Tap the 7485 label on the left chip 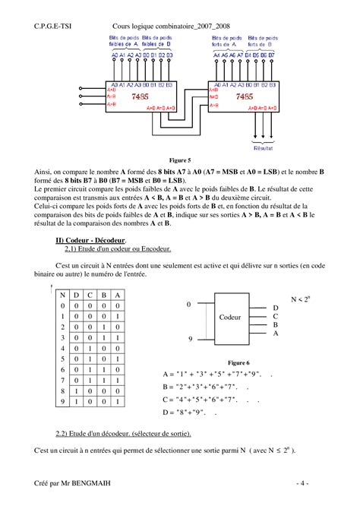[138, 98]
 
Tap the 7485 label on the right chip [244, 98]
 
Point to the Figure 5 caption [179, 161]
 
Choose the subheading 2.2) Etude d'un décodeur [124, 435]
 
